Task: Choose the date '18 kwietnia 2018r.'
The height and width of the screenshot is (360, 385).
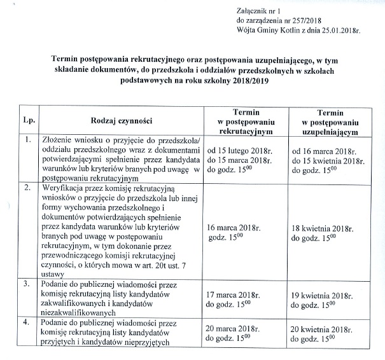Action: (x=325, y=226)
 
